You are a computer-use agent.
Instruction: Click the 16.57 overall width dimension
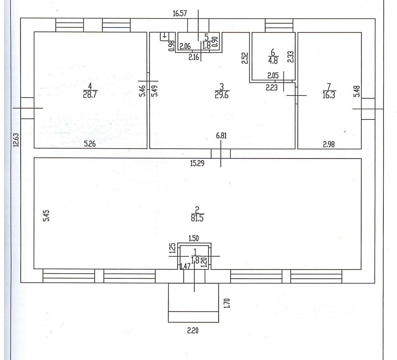pos(180,13)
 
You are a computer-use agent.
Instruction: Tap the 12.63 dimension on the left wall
pos(16,140)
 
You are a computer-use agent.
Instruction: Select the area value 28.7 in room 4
pos(90,95)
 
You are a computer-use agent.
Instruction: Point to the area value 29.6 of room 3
pos(221,95)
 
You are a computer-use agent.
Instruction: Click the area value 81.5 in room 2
pos(197,218)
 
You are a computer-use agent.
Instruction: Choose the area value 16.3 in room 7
pos(329,95)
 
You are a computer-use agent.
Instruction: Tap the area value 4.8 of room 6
pos(273,61)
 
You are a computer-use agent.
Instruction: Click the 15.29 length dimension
pos(197,163)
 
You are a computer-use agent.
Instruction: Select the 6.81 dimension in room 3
pos(221,135)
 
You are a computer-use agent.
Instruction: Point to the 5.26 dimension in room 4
pos(90,144)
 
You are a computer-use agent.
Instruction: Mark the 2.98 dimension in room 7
pos(329,144)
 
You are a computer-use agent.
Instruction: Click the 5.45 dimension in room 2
pos(46,216)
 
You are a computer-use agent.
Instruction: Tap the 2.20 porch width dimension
pos(193,330)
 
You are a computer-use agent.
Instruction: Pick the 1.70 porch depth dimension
pos(227,303)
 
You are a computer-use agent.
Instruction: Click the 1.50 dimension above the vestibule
pos(194,238)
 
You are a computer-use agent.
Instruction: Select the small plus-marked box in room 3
pos(164,37)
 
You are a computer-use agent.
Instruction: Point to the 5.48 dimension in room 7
pos(357,91)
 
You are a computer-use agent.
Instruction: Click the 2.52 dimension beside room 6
pos(245,58)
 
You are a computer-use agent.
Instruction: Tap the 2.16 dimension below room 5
pos(194,57)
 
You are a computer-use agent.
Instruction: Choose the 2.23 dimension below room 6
pos(272,88)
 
